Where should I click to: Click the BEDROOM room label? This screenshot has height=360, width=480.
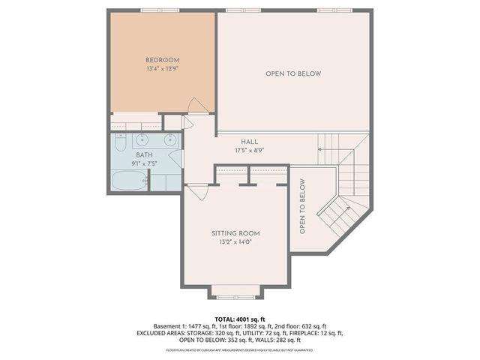coord(162,60)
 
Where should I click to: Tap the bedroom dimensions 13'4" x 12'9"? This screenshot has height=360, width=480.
coord(162,69)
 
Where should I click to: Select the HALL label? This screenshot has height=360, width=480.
coord(250,142)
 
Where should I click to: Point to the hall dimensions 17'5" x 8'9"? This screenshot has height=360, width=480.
coord(250,150)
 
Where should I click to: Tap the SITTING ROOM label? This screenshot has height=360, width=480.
coord(235,233)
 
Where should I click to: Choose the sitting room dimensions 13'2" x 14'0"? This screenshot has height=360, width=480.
coord(235,242)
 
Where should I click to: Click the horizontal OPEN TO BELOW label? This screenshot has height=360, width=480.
coord(292,73)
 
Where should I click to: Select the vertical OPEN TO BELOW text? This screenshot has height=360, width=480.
coord(302,206)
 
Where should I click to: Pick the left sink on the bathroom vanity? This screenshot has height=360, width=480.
coord(143,139)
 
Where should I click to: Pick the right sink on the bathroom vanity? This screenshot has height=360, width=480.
coord(170,139)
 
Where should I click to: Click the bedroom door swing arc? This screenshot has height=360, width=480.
coord(194,105)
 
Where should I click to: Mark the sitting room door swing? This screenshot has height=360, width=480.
coord(197,193)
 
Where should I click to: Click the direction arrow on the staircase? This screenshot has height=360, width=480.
coord(321,150)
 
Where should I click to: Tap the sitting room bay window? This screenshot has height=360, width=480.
coord(235,291)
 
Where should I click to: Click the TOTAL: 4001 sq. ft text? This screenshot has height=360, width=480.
coord(239,319)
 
